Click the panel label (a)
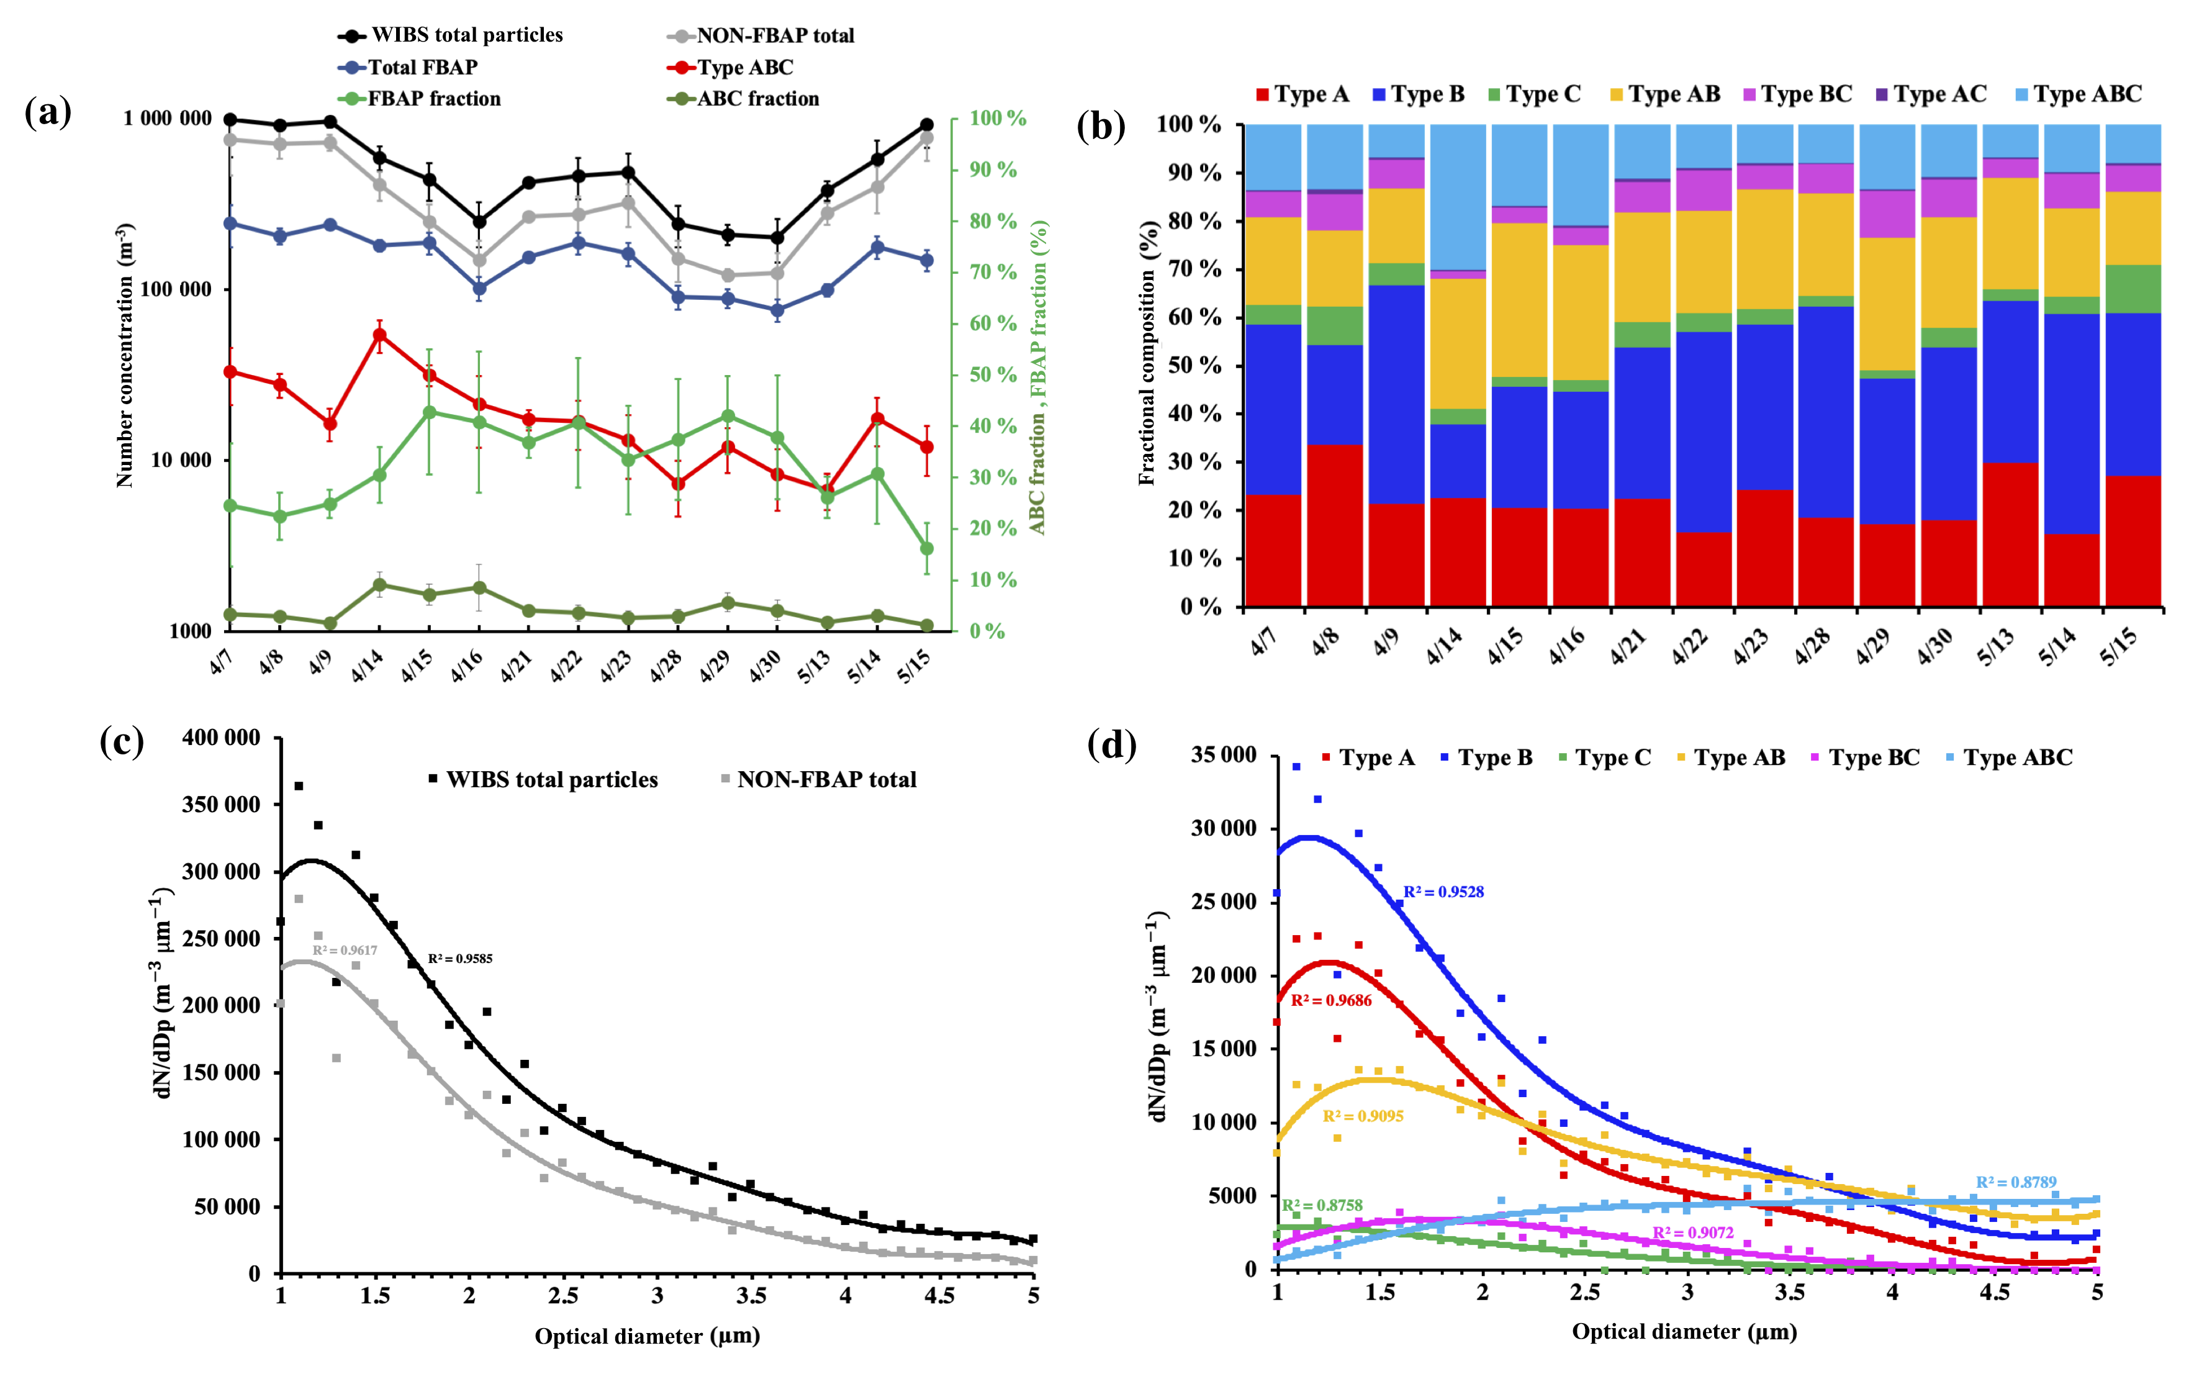[47, 113]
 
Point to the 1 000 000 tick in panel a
[168, 119]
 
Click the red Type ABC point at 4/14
[380, 335]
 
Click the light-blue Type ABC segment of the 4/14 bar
[1458, 196]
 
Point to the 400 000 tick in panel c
[222, 738]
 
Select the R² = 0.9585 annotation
[460, 959]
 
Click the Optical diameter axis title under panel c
[647, 1336]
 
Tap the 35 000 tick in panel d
[1224, 756]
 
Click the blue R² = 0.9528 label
[1443, 892]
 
